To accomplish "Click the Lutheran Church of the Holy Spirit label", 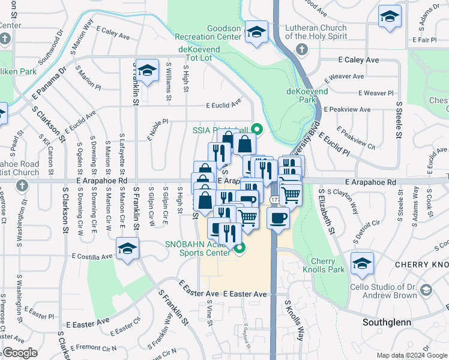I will pyautogui.click(x=316, y=32).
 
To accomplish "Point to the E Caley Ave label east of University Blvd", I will pyautogui.click(x=358, y=60).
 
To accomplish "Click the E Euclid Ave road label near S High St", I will pyautogui.click(x=223, y=104).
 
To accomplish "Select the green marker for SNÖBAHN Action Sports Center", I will pyautogui.click(x=240, y=248).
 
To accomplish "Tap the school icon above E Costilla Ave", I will pyautogui.click(x=127, y=248).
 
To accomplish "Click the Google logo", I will pyautogui.click(x=20, y=353).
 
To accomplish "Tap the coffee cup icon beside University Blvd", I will pyautogui.click(x=278, y=218).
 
